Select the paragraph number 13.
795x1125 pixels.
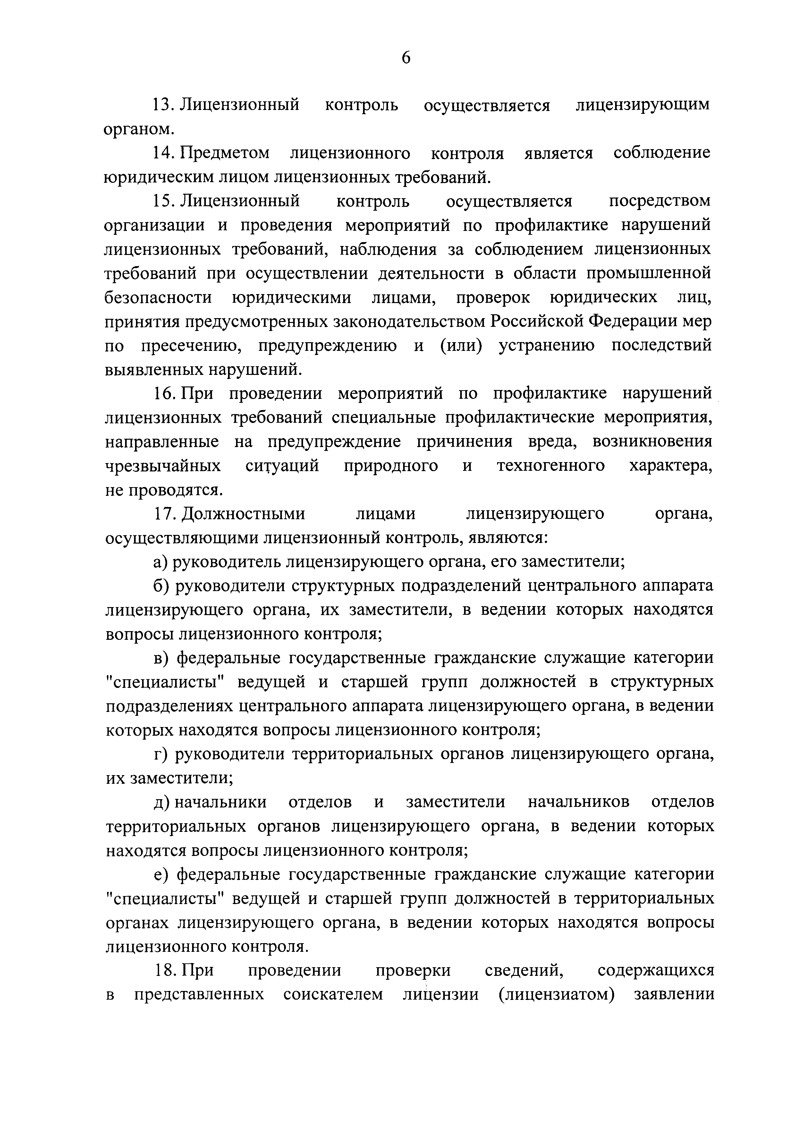(x=164, y=105)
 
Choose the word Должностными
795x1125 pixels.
(x=243, y=514)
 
